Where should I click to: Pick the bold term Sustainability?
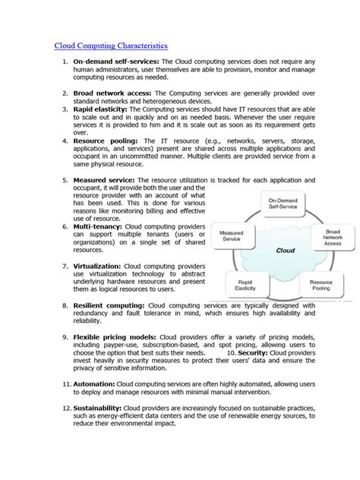98,408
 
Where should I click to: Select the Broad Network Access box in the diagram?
333,238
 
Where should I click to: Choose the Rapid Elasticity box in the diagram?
245,285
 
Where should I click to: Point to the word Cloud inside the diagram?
285,249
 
